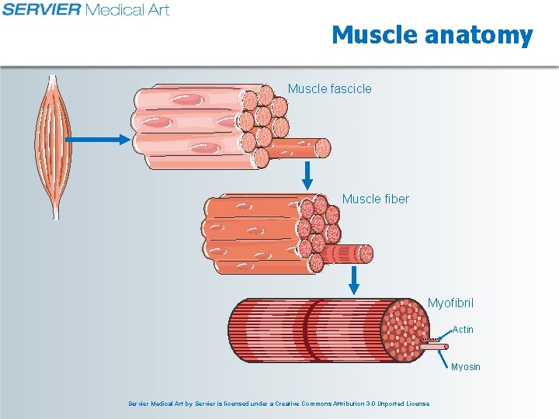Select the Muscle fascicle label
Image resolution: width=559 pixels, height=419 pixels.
point(329,88)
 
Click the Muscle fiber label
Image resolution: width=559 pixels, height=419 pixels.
point(375,199)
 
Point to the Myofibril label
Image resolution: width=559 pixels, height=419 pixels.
point(450,303)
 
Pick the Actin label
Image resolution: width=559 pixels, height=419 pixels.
point(463,330)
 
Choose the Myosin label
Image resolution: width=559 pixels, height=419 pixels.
point(466,366)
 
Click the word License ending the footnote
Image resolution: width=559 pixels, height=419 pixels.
point(416,403)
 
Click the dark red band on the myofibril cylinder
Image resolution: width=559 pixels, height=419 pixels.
point(311,331)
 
